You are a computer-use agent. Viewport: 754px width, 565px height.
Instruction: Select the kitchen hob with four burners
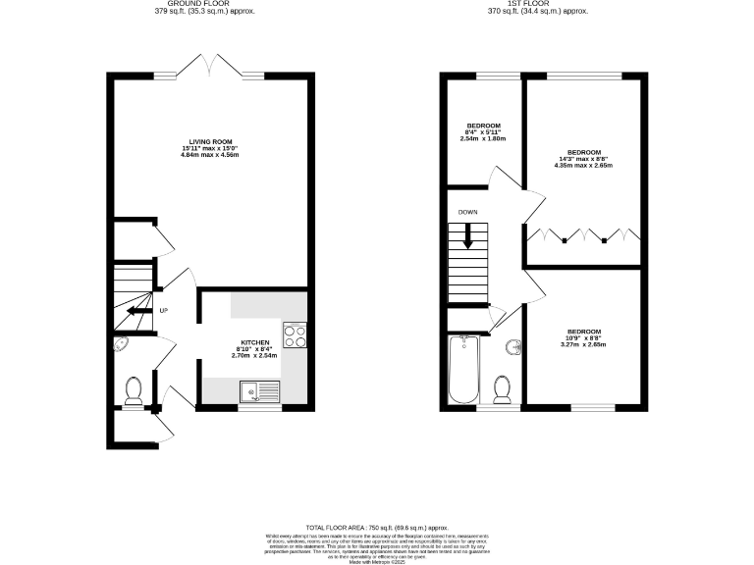pos(294,335)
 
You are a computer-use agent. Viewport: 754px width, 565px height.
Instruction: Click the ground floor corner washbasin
pos(121,344)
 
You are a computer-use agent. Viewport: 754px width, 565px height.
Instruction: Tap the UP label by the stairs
pos(164,312)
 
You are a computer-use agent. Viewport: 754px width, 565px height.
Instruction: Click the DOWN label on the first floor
pos(467,211)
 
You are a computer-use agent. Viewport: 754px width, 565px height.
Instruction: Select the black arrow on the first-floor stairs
pos(468,235)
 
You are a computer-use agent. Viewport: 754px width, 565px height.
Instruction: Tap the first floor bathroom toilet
pos(502,389)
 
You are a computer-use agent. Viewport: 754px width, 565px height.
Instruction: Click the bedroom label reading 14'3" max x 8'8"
pos(583,159)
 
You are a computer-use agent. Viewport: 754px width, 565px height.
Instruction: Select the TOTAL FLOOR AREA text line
pos(376,528)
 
